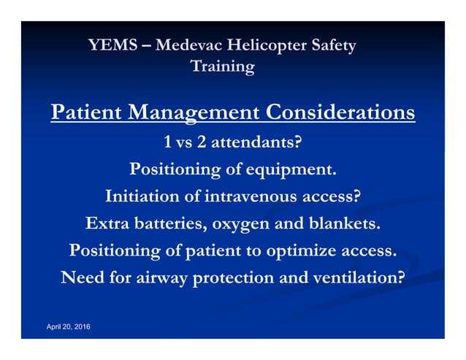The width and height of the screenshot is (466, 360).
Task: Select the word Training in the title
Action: point(222,67)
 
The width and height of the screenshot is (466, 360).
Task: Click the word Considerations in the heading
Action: point(340,113)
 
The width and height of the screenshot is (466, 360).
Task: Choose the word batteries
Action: point(170,223)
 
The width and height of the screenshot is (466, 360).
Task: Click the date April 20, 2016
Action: point(69,326)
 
